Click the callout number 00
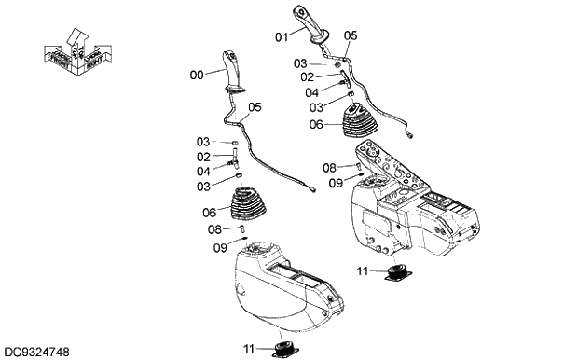pos(196,75)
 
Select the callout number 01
pos(282,37)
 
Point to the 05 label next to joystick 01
pos(350,35)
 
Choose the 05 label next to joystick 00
pos(254,107)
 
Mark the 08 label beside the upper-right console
pos(329,168)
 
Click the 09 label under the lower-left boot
pos(220,247)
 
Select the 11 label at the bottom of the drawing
pos(250,348)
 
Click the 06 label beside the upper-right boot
pos(316,124)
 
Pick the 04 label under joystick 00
pos(203,171)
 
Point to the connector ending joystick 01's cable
pos(411,133)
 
